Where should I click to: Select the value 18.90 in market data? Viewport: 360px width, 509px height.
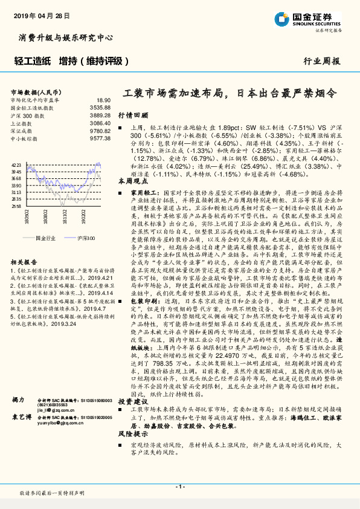[x=103, y=100]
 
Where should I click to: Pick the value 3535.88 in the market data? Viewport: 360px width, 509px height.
[x=99, y=108]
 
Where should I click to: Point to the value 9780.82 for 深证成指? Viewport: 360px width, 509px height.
[x=99, y=131]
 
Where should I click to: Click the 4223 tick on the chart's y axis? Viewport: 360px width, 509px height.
[x=16, y=164]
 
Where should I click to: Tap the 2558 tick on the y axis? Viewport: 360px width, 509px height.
[x=16, y=206]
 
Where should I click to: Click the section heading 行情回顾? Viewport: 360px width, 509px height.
[x=132, y=114]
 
